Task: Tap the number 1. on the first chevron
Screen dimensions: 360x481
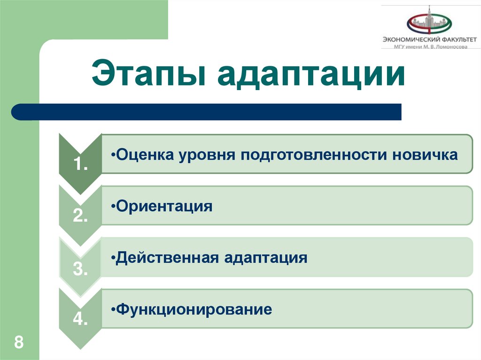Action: click(80, 165)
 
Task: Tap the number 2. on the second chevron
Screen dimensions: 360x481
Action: click(80, 216)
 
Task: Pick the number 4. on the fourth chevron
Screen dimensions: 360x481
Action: click(80, 321)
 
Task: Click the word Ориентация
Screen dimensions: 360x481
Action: click(164, 207)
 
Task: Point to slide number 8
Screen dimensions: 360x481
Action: click(19, 342)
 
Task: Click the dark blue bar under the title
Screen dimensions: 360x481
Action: click(207, 112)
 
